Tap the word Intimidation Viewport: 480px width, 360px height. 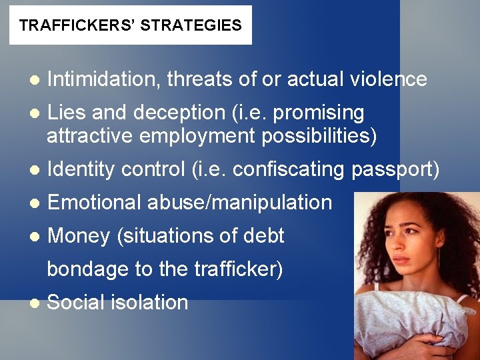point(104,79)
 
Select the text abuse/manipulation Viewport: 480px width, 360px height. point(239,202)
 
